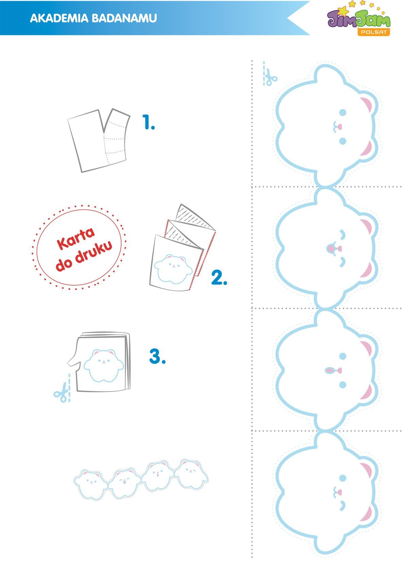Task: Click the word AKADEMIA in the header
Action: [59, 18]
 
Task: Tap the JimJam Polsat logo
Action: [359, 19]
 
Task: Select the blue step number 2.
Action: [219, 277]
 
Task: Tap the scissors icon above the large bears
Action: [270, 76]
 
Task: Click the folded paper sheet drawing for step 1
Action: [99, 141]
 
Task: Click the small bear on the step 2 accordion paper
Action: [173, 269]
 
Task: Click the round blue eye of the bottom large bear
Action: [343, 478]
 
